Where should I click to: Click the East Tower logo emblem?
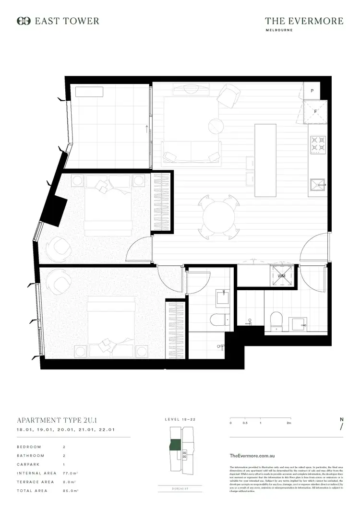point(24,21)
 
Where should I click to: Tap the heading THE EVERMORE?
point(304,21)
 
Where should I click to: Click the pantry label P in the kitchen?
point(312,91)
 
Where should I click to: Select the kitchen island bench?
point(265,160)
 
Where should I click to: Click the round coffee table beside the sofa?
point(216,126)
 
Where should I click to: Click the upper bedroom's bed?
point(108,204)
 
